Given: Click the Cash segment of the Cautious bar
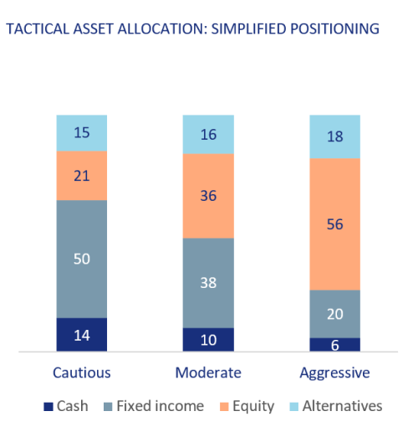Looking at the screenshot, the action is pyautogui.click(x=82, y=334).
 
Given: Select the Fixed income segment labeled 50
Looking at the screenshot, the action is pyautogui.click(x=82, y=259).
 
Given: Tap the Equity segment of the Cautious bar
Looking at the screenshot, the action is pyautogui.click(x=82, y=176).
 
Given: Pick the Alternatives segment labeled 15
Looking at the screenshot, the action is pyautogui.click(x=82, y=133).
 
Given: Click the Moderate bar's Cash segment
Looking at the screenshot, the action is pyautogui.click(x=208, y=339).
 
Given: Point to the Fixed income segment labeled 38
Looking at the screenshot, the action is pyautogui.click(x=208, y=283).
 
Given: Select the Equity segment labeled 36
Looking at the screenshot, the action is pyautogui.click(x=208, y=196).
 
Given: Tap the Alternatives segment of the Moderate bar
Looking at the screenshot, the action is pyautogui.click(x=208, y=134).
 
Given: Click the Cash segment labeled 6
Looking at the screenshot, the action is pyautogui.click(x=334, y=344).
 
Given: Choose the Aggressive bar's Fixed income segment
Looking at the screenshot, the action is pyautogui.click(x=334, y=314).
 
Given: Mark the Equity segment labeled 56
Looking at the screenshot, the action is pyautogui.click(x=334, y=224).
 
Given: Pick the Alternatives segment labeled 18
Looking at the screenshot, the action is pyautogui.click(x=334, y=136).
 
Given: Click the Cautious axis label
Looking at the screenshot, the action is pyautogui.click(x=82, y=373).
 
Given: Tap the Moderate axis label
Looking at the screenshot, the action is pyautogui.click(x=208, y=373).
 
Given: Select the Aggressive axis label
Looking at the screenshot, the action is pyautogui.click(x=334, y=373).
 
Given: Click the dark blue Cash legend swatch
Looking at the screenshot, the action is pyautogui.click(x=48, y=407).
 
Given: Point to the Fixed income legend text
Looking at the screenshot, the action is pyautogui.click(x=161, y=406).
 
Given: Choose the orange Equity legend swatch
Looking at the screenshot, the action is pyautogui.click(x=224, y=407).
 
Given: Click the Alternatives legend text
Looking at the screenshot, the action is pyautogui.click(x=343, y=406).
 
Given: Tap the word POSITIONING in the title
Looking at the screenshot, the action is pyautogui.click(x=334, y=28).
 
